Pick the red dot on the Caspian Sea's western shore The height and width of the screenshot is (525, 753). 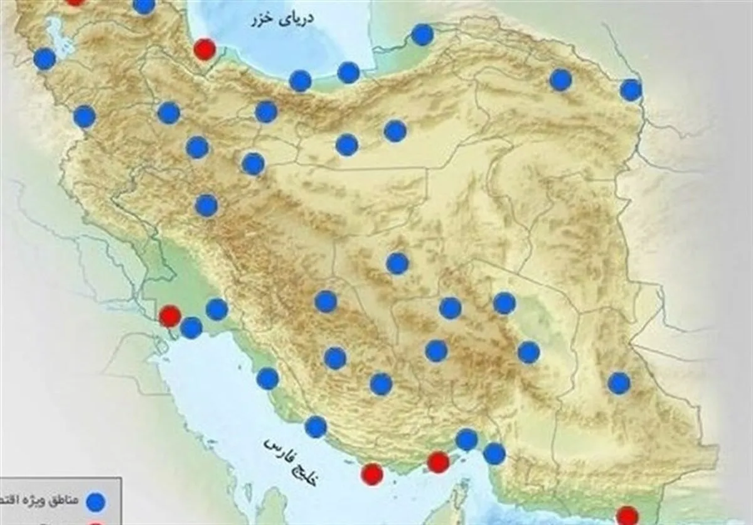[x=204, y=48]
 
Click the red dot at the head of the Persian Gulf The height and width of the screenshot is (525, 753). [x=169, y=316]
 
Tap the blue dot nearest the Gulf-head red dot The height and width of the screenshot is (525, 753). [x=191, y=327]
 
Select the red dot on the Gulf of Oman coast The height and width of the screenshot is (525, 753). [x=627, y=516]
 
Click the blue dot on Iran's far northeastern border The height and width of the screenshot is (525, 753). [x=631, y=90]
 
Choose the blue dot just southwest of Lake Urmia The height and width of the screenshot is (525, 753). [x=45, y=59]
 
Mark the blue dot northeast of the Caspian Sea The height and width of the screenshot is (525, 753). [x=422, y=35]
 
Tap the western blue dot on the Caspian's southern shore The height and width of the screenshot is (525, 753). [x=301, y=80]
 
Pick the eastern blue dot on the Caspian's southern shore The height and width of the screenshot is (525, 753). [x=348, y=72]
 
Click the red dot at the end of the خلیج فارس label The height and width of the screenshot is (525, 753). [x=373, y=474]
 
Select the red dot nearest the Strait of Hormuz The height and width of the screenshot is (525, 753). [x=438, y=463]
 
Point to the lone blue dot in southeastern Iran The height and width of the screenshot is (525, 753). [x=619, y=383]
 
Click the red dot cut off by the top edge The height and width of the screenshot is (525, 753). [x=75, y=2]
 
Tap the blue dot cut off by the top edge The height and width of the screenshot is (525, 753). [x=144, y=5]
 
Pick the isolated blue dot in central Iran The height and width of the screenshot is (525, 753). [x=397, y=264]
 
